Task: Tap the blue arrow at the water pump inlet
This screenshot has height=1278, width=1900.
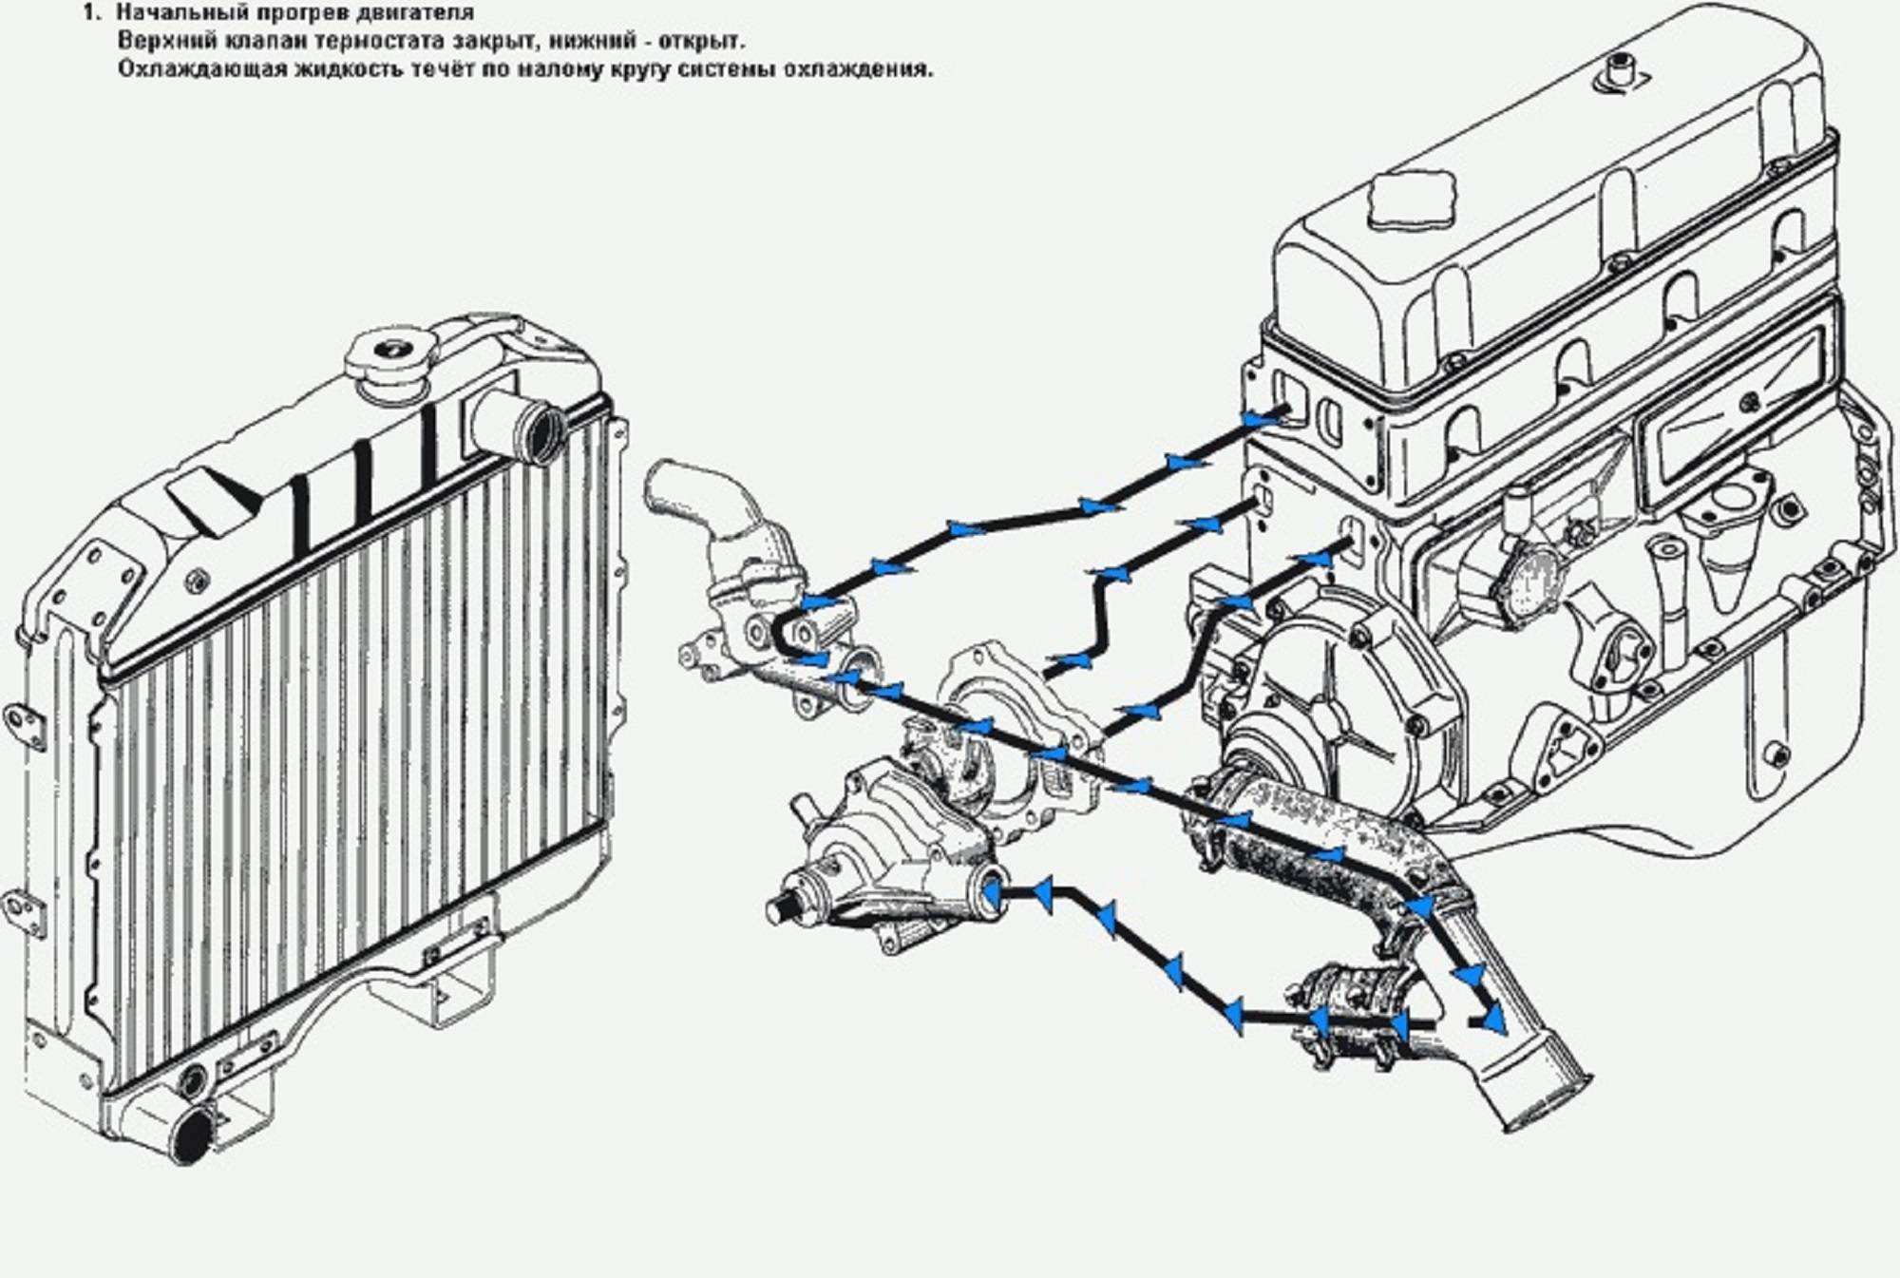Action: (991, 893)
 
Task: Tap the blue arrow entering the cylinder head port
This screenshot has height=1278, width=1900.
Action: (1262, 418)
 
